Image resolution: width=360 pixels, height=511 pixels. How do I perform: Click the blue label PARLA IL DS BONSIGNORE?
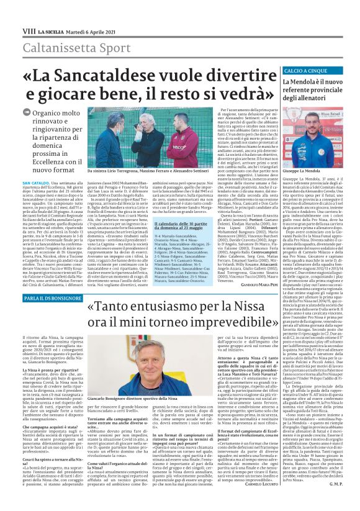tap(53, 281)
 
